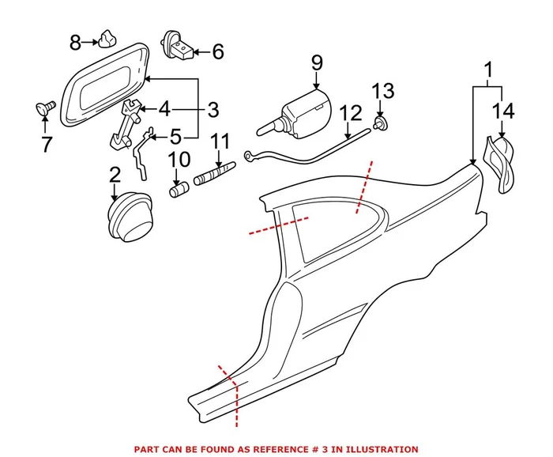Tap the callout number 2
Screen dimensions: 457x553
tap(115, 175)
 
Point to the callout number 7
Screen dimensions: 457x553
tap(46, 145)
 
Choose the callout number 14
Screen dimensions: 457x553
tap(505, 111)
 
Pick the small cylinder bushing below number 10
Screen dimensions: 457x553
tap(179, 191)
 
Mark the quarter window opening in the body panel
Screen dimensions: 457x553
tap(323, 229)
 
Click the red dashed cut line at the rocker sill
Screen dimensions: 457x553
tap(230, 392)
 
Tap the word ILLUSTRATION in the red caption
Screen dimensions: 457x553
tap(372, 448)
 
